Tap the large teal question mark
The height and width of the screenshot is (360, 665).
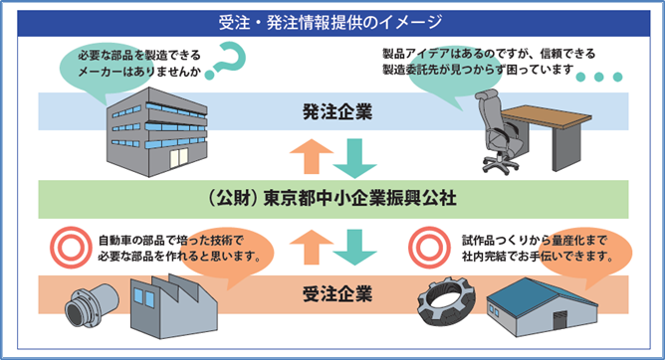click(224, 63)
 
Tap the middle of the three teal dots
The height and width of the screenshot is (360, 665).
click(598, 77)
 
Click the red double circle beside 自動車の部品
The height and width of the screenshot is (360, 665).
click(71, 249)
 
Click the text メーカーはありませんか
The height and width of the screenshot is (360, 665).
click(133, 69)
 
